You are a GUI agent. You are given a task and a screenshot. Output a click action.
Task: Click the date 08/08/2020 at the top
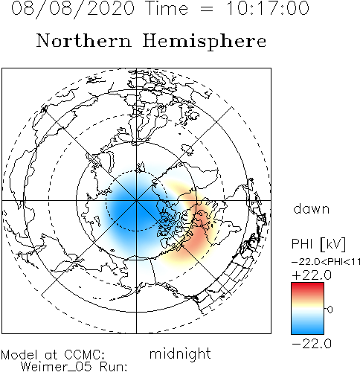[x=73, y=8]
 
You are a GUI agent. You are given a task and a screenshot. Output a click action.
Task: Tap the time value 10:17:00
[x=268, y=8]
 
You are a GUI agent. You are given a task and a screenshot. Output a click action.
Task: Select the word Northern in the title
[x=84, y=41]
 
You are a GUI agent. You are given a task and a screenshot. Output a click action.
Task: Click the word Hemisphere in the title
[x=205, y=41]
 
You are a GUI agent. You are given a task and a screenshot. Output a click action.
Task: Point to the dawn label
[x=312, y=208]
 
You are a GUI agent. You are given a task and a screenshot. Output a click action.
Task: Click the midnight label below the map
[x=180, y=354]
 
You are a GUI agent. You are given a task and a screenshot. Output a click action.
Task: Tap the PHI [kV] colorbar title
[x=318, y=244]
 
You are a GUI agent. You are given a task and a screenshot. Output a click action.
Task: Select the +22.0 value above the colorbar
[x=312, y=275]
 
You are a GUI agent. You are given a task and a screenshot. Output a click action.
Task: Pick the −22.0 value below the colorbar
[x=312, y=344]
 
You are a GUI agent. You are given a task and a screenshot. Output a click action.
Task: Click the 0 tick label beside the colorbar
[x=330, y=310]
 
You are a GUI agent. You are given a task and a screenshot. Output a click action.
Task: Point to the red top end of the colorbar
[x=307, y=285]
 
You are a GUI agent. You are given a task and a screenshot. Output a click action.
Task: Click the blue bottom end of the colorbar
[x=307, y=331]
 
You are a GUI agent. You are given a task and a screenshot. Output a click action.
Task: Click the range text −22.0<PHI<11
[x=326, y=262]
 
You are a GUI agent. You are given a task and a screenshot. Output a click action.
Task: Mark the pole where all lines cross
[x=136, y=200]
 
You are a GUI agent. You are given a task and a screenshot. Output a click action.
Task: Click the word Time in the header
[x=167, y=8]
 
